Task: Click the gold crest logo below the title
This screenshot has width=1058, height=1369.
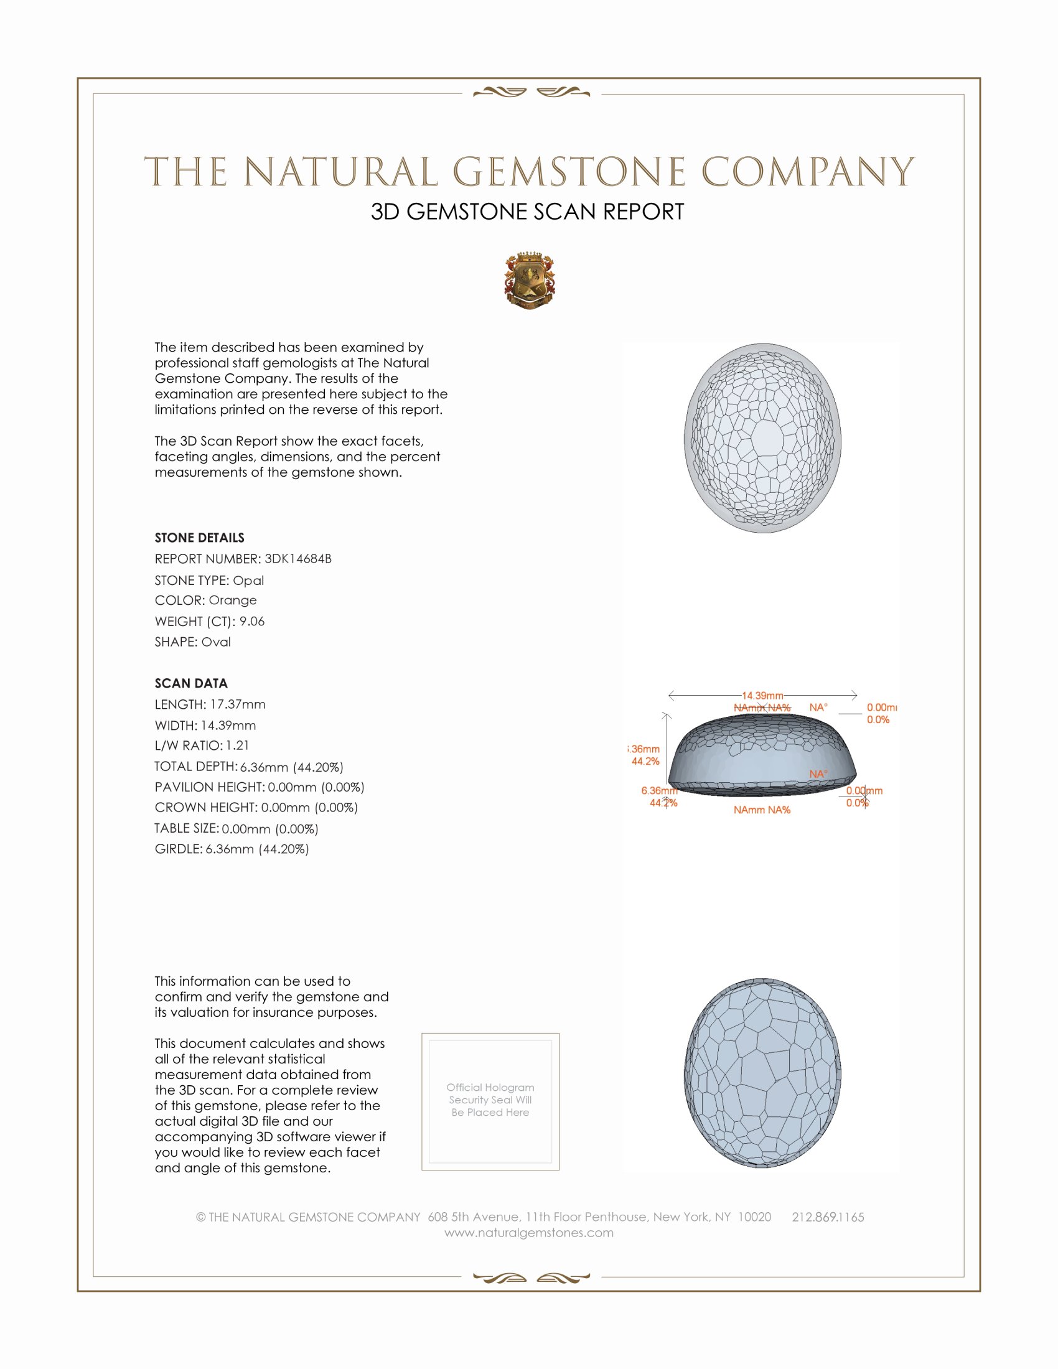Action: (x=530, y=280)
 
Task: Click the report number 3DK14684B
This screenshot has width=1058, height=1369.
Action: (x=297, y=559)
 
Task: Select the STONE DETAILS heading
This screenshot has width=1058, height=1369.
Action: (x=199, y=538)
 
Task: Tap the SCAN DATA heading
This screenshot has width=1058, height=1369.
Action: (x=191, y=683)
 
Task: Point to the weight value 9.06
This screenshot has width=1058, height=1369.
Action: (x=252, y=621)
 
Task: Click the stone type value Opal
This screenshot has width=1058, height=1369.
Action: (x=248, y=581)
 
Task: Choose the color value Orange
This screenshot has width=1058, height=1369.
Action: (x=233, y=600)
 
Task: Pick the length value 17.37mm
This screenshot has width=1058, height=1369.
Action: (x=238, y=704)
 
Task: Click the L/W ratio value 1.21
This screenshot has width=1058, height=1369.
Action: (x=238, y=745)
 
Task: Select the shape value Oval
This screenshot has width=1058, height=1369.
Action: (x=215, y=642)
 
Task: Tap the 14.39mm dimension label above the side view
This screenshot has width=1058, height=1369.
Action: (x=762, y=696)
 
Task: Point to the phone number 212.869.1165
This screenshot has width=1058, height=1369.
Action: (x=827, y=1217)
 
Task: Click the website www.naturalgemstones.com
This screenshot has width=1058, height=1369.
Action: (x=529, y=1233)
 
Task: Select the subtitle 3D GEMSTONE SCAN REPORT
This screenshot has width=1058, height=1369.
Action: (x=527, y=212)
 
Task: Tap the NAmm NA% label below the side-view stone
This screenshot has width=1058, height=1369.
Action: (x=762, y=810)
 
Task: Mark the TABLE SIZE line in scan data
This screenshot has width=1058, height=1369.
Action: (x=236, y=829)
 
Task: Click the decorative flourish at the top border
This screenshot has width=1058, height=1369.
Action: (x=531, y=93)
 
